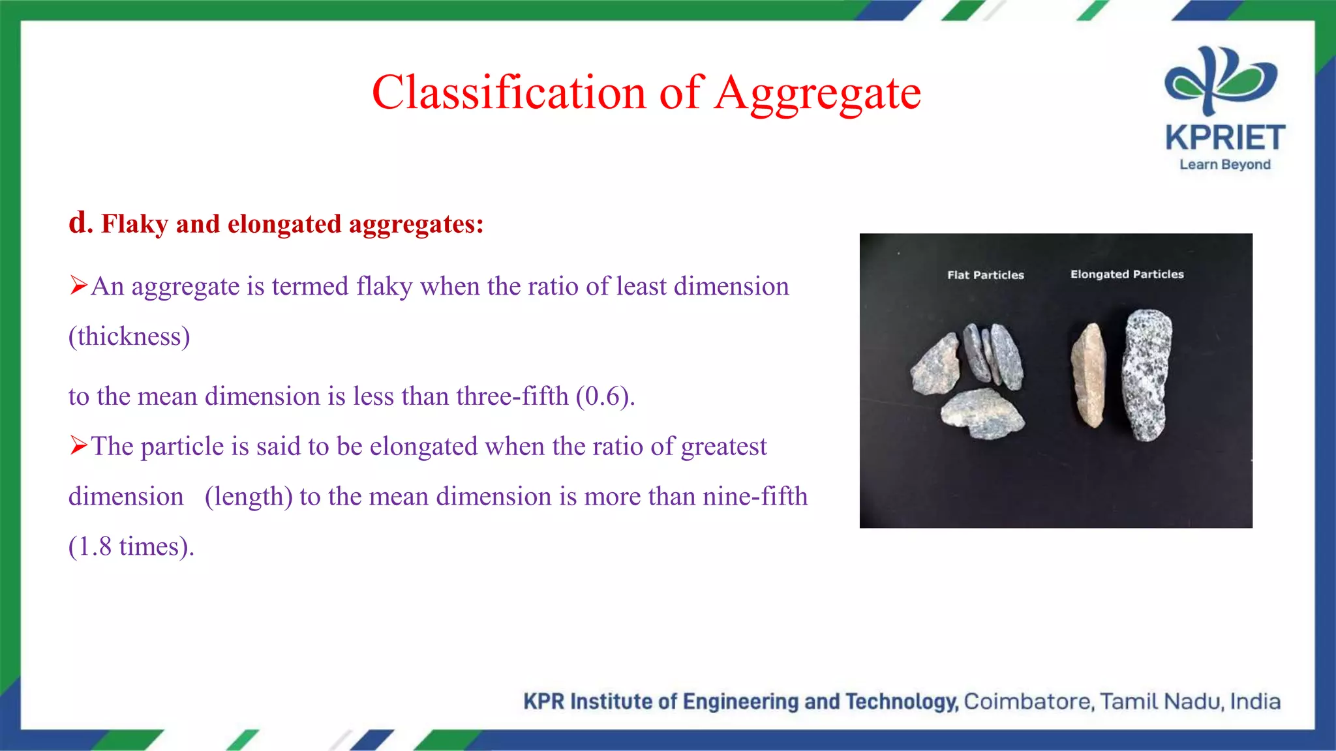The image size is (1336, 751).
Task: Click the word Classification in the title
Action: pos(509,92)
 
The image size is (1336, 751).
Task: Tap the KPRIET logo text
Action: pos(1225,138)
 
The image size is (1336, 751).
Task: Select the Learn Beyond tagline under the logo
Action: pos(1224,164)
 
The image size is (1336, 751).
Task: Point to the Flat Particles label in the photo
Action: pos(985,275)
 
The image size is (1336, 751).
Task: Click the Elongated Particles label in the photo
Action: pos(1127,274)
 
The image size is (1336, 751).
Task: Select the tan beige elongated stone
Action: pos(1089,375)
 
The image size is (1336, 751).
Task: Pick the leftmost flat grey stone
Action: pos(937,365)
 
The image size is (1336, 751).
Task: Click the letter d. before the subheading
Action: pos(80,223)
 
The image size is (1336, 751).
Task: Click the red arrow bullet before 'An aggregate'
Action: pos(78,286)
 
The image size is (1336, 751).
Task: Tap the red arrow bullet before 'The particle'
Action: pos(78,446)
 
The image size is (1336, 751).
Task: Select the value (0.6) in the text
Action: pos(605,396)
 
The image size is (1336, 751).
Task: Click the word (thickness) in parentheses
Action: pos(129,336)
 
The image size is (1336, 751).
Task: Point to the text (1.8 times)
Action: pos(131,546)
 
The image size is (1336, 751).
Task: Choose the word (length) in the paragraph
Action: pos(248,497)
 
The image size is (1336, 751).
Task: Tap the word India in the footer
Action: pos(1255,701)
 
